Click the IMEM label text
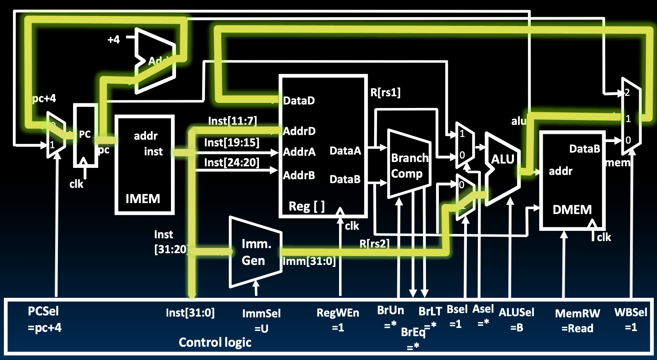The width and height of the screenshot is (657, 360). tap(143, 199)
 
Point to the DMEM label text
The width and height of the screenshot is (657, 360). tap(572, 210)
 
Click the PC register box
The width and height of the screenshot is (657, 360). tap(85, 135)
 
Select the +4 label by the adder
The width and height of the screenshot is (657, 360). tap(114, 40)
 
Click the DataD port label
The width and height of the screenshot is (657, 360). tap(299, 101)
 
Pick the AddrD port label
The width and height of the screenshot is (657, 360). tap(299, 131)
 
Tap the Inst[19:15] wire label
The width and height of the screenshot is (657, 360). tap(232, 142)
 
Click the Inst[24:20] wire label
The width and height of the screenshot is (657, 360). tap(232, 162)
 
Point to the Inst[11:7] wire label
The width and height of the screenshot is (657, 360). tap(232, 121)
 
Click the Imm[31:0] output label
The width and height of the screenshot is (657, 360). tap(309, 261)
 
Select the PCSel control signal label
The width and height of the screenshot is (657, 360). tap(43, 311)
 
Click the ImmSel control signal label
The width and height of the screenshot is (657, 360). tap(261, 313)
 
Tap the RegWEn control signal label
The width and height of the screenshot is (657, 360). tap(337, 313)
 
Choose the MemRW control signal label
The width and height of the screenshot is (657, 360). tap(577, 313)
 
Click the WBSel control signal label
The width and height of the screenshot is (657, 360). tap(630, 312)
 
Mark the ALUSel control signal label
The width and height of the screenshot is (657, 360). tap(516, 312)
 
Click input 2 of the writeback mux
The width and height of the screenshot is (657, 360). tap(627, 93)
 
